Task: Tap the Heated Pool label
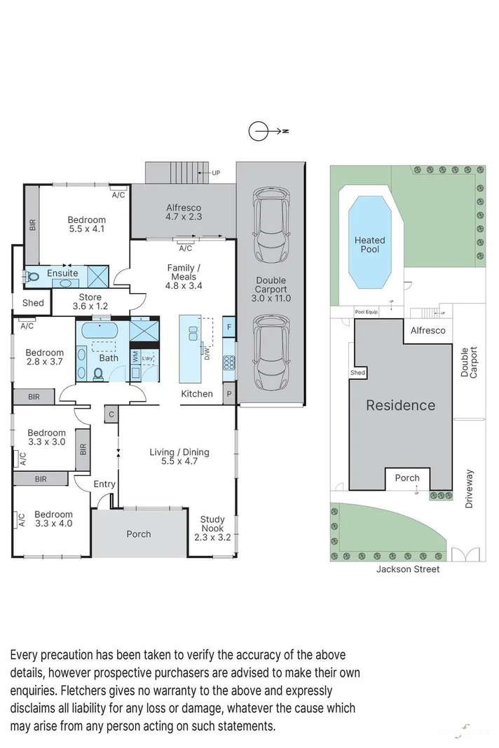click(x=369, y=245)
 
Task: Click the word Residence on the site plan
click(x=401, y=405)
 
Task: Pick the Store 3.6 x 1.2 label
click(x=90, y=302)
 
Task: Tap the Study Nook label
click(x=212, y=529)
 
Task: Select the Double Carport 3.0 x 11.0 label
click(x=271, y=289)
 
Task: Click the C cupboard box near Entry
click(x=111, y=414)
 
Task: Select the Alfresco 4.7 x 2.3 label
click(x=184, y=212)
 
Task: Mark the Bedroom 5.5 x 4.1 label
click(x=87, y=224)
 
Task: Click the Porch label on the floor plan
click(x=139, y=534)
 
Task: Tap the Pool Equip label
click(x=366, y=312)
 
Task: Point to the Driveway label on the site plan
click(x=469, y=489)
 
